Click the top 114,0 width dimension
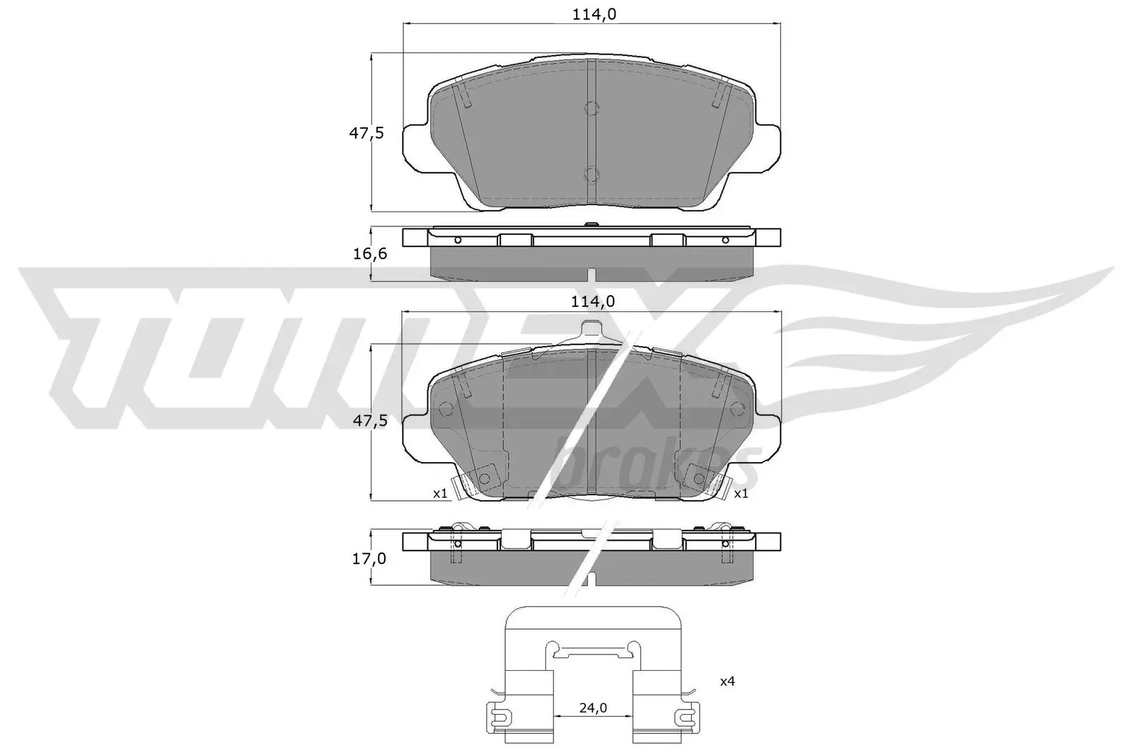coord(593,13)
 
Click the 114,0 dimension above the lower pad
coord(593,301)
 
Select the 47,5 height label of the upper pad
coord(369,132)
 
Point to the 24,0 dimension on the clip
coord(593,708)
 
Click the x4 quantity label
coord(727,682)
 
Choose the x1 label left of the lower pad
coord(440,494)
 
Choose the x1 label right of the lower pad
coord(741,494)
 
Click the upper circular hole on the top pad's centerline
coord(591,109)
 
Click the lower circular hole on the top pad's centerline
coord(591,174)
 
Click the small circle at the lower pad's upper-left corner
coord(446,408)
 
